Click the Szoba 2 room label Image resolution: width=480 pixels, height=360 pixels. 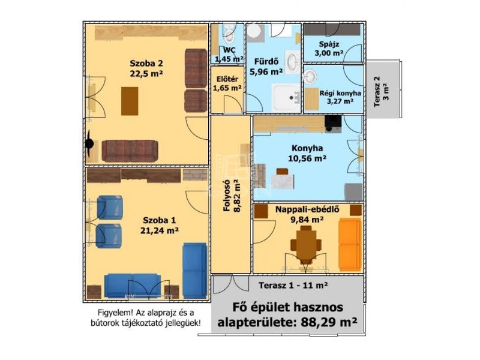(146, 64)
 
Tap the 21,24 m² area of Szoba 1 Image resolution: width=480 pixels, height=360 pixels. (160, 230)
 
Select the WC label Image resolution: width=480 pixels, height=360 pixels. (229, 50)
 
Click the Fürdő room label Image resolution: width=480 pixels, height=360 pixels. (266, 62)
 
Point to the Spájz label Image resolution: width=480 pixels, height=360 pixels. (329, 44)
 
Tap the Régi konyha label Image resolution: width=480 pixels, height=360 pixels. (340, 93)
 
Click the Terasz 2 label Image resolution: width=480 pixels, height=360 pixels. (377, 91)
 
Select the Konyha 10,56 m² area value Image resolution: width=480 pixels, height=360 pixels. (307, 158)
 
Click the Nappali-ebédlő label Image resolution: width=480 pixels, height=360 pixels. (307, 209)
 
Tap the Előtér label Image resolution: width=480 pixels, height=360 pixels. (227, 79)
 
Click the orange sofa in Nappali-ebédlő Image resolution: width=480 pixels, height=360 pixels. (350, 244)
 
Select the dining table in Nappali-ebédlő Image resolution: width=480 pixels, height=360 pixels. (306, 244)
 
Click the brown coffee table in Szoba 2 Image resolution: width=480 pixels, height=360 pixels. (130, 101)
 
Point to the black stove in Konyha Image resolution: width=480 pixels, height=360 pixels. (333, 121)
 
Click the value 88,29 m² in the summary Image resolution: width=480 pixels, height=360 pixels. (329, 322)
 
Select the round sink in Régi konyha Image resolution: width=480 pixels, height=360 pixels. (310, 76)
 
